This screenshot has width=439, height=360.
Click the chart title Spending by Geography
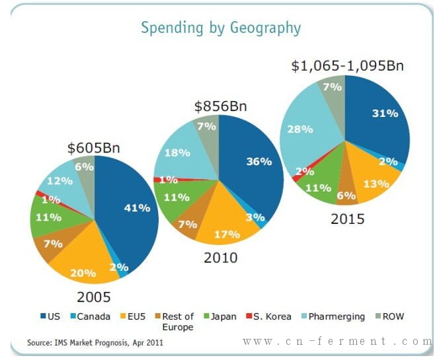(220, 28)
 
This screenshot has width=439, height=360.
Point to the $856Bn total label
(220, 106)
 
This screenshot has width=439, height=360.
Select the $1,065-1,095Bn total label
(347, 65)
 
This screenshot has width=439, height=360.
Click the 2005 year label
(94, 297)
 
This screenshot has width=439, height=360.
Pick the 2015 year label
(348, 219)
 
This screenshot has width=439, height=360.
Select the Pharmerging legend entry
(335, 316)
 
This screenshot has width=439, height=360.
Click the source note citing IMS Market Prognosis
(95, 343)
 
